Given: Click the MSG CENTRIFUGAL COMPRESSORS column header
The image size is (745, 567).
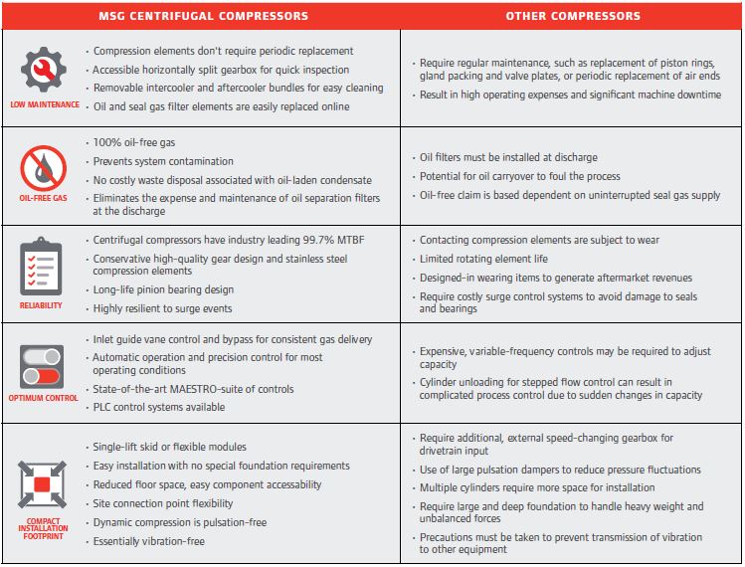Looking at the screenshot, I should (203, 16).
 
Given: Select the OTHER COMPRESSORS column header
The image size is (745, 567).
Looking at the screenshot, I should (573, 16).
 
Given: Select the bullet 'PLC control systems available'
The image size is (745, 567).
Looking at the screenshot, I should (158, 407).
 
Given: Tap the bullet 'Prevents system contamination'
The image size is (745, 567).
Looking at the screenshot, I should (162, 161).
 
